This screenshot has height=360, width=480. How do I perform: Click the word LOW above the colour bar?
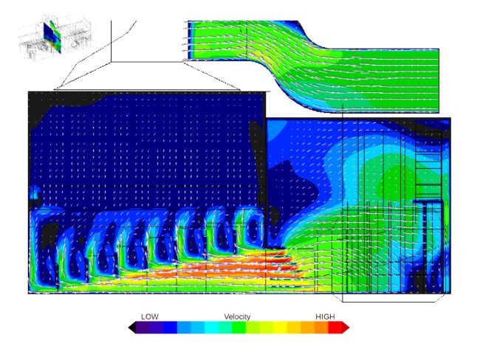150,316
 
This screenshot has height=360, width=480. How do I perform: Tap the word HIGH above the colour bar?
325,316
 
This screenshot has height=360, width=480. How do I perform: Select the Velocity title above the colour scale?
237,316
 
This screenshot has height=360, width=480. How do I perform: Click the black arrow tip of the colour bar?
132,328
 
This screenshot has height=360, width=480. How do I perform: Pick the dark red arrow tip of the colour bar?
346,328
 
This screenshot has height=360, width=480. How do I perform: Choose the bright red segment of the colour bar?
335,328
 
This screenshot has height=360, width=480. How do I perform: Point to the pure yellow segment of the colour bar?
280,328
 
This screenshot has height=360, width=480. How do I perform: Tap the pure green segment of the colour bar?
239,328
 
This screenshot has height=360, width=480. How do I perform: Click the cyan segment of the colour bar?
211,328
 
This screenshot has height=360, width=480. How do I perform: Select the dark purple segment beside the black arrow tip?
143,328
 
